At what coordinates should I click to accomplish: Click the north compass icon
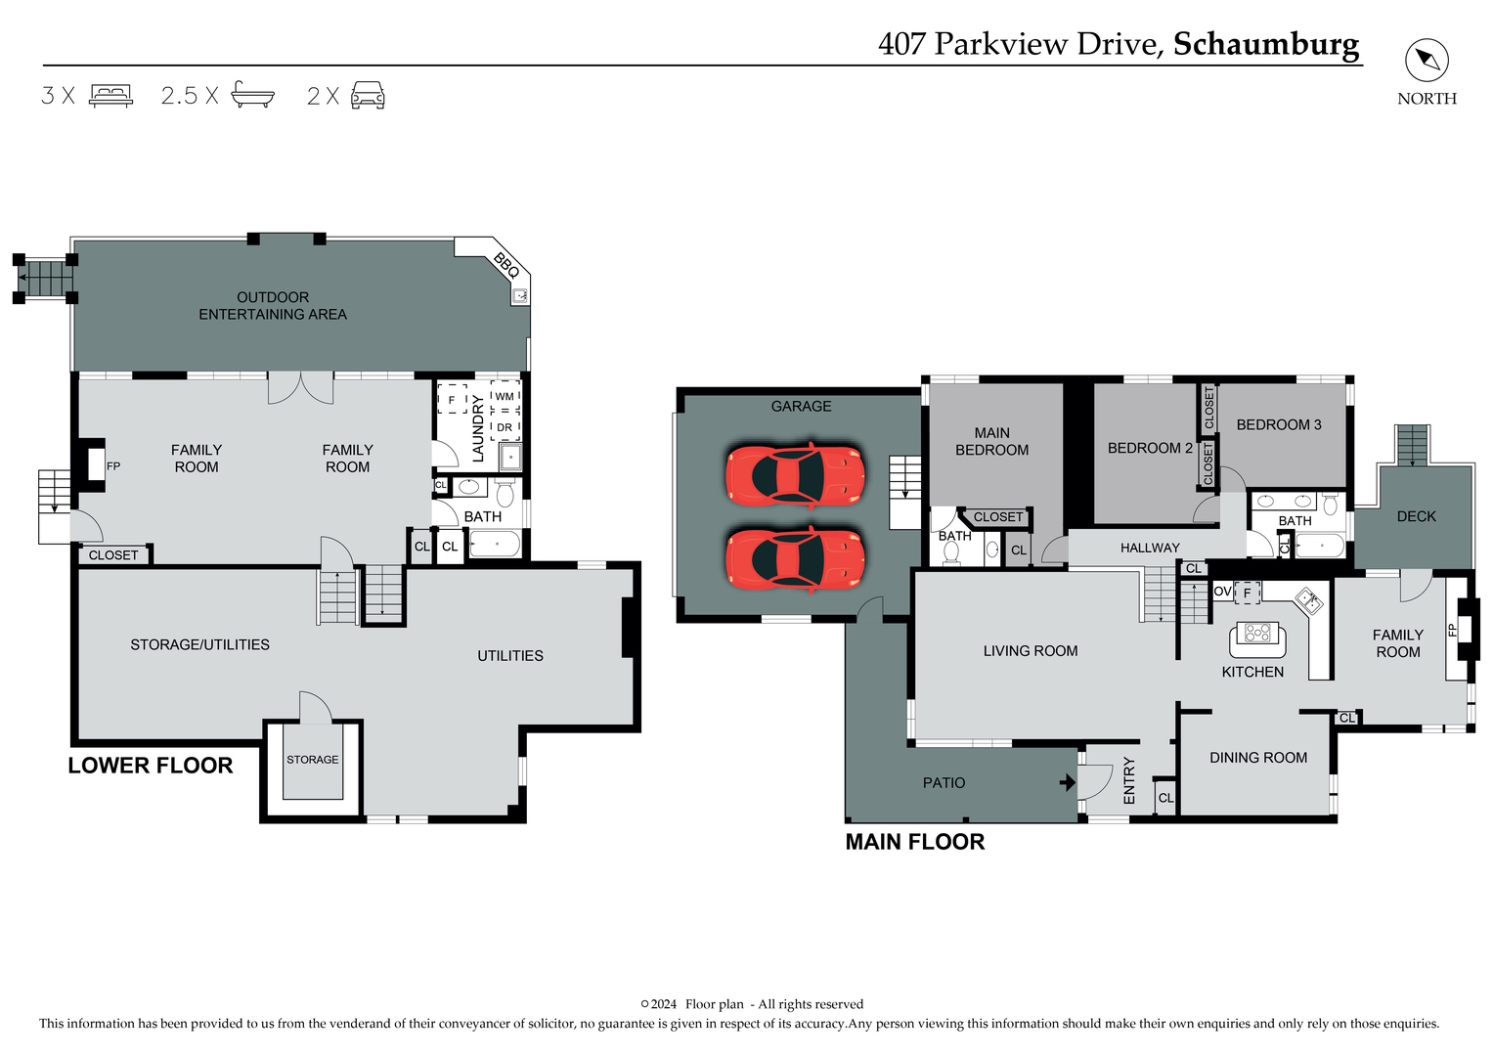[x=1427, y=61]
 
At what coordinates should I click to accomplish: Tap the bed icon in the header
[x=110, y=95]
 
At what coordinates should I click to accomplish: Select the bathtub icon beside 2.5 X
[x=252, y=94]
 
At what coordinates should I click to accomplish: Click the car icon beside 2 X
[x=368, y=95]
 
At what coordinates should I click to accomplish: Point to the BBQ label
[x=505, y=264]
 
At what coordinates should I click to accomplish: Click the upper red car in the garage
[x=795, y=474]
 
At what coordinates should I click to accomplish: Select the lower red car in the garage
[x=795, y=559]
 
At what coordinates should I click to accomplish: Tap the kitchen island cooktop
[x=1257, y=634]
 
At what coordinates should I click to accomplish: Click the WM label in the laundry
[x=505, y=397]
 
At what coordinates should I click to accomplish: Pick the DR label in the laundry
[x=505, y=427]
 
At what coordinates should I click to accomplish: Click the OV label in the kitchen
[x=1222, y=592]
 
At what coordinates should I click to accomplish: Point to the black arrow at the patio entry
[x=1068, y=782]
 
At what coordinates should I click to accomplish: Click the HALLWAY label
[x=1150, y=548]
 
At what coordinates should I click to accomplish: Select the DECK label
[x=1416, y=516]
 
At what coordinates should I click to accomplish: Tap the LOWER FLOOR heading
[x=151, y=766]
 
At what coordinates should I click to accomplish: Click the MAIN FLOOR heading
[x=915, y=842]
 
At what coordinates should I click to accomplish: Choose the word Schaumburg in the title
[x=1266, y=44]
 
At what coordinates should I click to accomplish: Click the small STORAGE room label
[x=313, y=760]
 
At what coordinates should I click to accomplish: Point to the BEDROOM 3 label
[x=1279, y=424]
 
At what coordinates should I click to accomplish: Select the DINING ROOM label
[x=1258, y=758]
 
